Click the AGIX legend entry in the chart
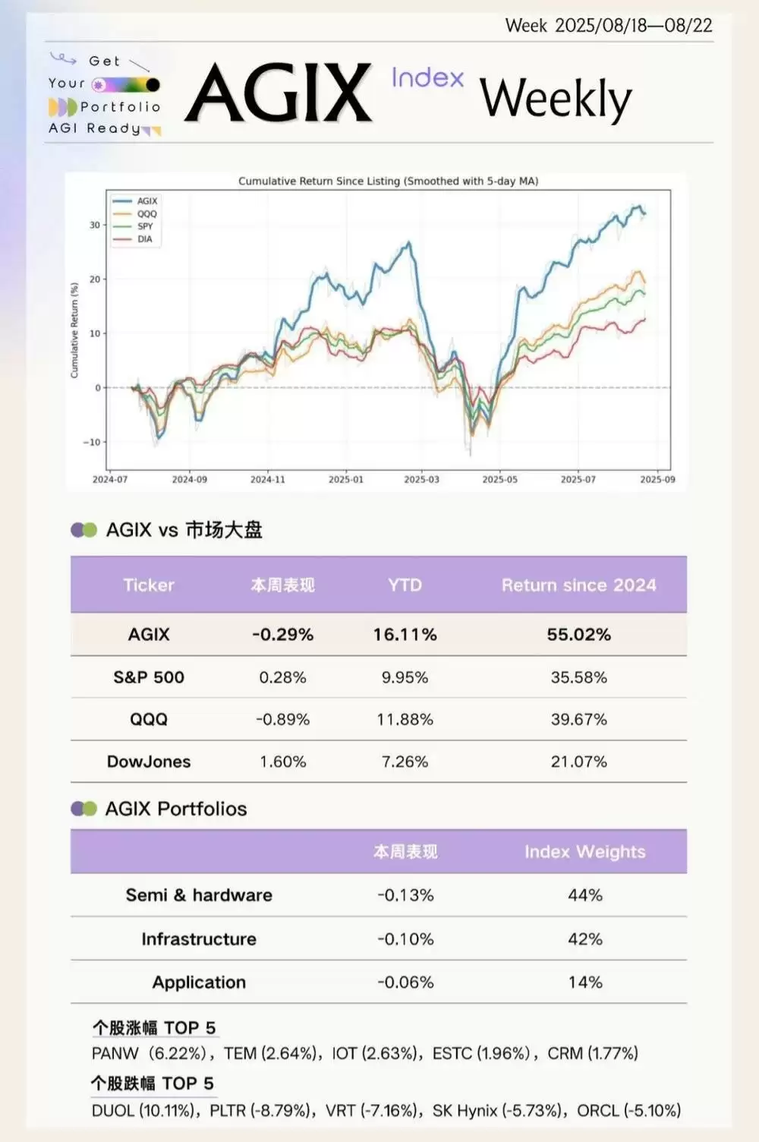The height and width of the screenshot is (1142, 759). point(146,201)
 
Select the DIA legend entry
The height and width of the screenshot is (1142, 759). point(144,239)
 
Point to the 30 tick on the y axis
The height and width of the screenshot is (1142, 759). point(94,225)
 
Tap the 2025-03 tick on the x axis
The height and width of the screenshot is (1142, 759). point(421,480)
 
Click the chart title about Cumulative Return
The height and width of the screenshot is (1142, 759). point(388,181)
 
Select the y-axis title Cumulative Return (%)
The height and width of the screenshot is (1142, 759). point(74,330)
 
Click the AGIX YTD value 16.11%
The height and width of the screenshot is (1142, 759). point(405,635)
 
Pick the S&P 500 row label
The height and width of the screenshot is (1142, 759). point(149,677)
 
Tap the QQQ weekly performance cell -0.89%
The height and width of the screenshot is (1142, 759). point(282,720)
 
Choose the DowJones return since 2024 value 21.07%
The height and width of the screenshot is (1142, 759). point(578,762)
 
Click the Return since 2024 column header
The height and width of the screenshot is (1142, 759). point(578,585)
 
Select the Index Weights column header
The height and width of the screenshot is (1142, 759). point(584,852)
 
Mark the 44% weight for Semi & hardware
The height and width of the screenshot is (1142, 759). point(584,896)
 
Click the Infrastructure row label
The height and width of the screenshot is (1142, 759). point(199,939)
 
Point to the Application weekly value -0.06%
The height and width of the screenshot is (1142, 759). point(405,983)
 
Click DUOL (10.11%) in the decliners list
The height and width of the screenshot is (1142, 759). point(142,1111)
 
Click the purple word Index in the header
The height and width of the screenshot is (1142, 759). point(427,77)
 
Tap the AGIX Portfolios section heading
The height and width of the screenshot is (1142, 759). point(176,809)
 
